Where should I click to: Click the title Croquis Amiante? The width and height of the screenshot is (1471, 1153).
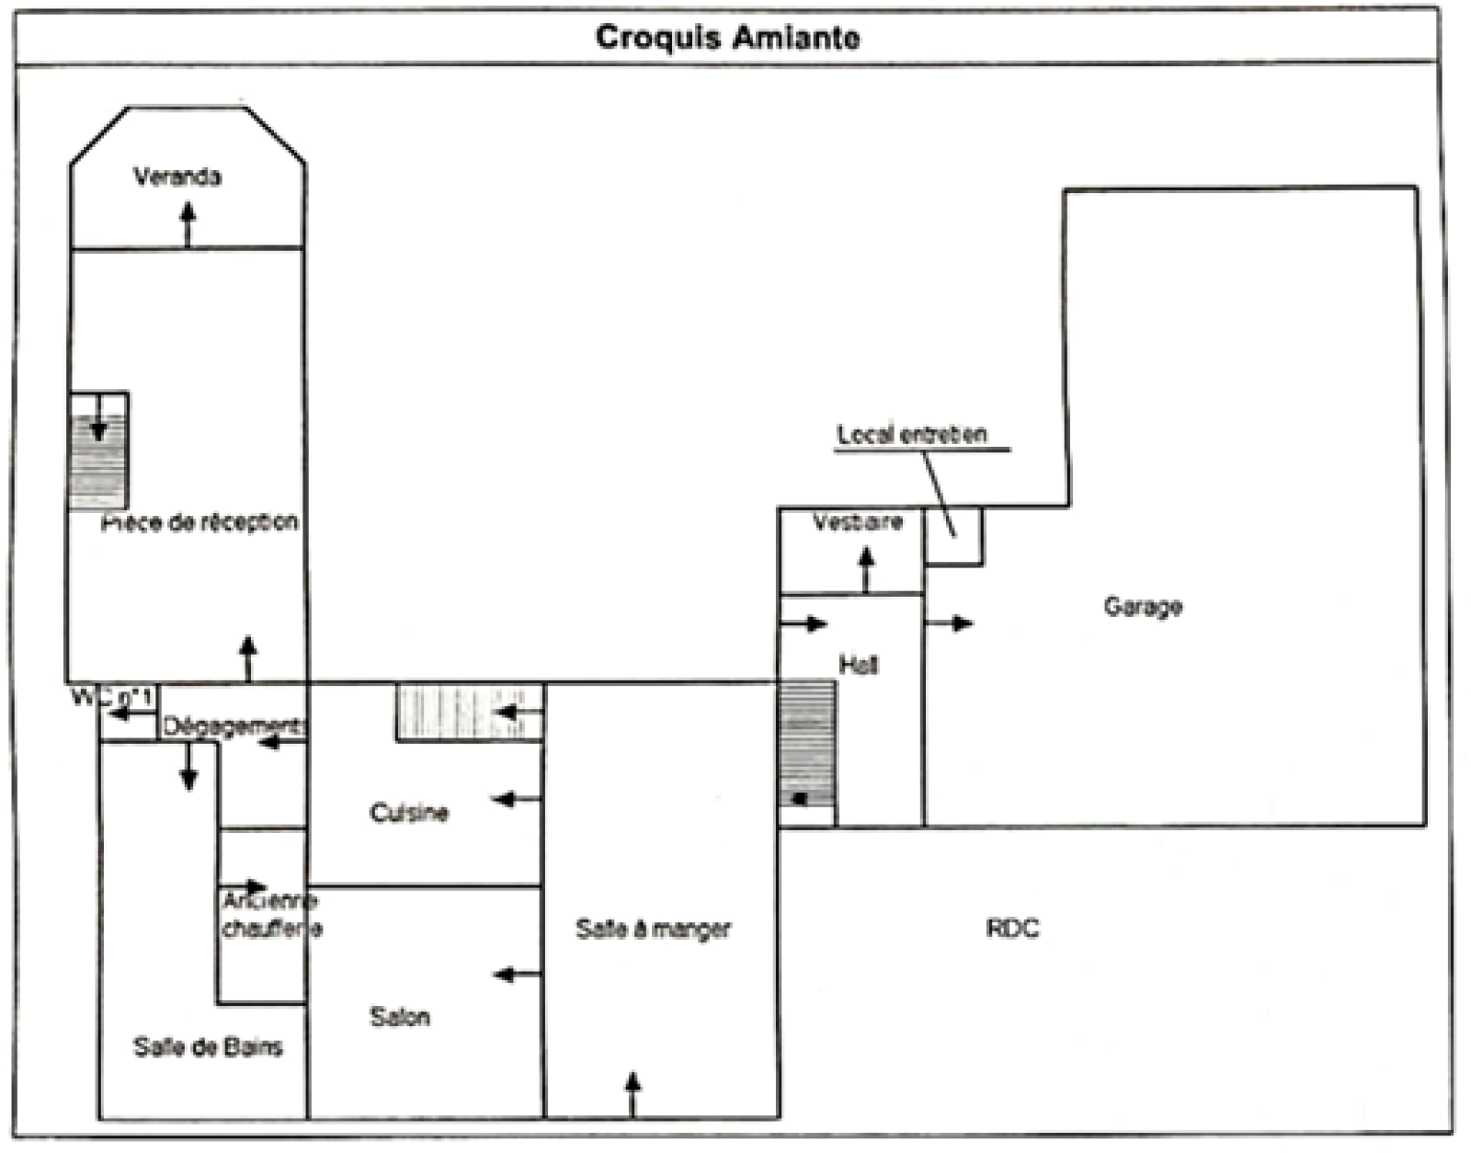pyautogui.click(x=727, y=38)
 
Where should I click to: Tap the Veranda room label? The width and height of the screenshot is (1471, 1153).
pyautogui.click(x=177, y=177)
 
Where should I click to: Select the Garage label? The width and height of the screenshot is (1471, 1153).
pyautogui.click(x=1143, y=607)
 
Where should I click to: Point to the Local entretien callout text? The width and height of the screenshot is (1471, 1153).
pyautogui.click(x=912, y=435)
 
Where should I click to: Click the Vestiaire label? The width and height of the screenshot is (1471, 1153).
pyautogui.click(x=858, y=522)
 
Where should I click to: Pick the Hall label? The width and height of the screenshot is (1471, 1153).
pyautogui.click(x=858, y=664)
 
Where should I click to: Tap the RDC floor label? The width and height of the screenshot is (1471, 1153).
pyautogui.click(x=1012, y=929)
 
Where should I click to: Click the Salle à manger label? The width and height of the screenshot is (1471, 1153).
pyautogui.click(x=653, y=930)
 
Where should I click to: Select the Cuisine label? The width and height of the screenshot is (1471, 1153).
pyautogui.click(x=409, y=813)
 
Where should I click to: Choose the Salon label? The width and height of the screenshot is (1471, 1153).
pyautogui.click(x=400, y=1017)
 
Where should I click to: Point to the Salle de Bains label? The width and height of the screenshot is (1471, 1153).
pyautogui.click(x=208, y=1046)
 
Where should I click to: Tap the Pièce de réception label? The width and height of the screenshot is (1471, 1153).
pyautogui.click(x=200, y=522)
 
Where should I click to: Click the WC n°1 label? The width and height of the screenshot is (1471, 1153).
pyautogui.click(x=112, y=697)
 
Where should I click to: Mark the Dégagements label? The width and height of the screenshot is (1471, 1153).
pyautogui.click(x=234, y=726)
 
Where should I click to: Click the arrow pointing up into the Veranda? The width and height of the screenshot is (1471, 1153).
pyautogui.click(x=188, y=224)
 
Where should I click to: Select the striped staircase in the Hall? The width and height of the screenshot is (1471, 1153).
pyautogui.click(x=806, y=745)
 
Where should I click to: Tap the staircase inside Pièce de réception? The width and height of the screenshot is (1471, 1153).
pyautogui.click(x=98, y=451)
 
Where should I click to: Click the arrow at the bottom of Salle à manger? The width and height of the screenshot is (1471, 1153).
pyautogui.click(x=633, y=1094)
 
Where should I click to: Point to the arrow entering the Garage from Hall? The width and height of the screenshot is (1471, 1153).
pyautogui.click(x=949, y=623)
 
